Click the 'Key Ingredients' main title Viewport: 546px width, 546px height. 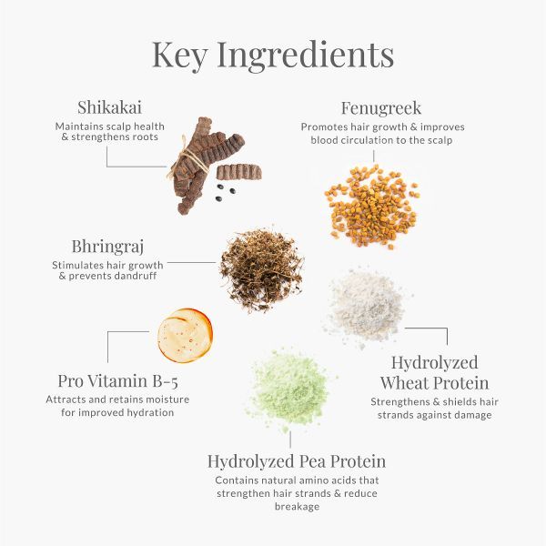(273, 55)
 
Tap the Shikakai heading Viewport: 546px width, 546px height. (110, 107)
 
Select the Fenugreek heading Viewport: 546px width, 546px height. (381, 108)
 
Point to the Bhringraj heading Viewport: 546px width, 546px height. (107, 248)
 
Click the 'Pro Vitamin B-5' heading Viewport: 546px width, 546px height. (118, 381)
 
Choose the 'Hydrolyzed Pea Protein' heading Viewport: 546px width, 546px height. (297, 462)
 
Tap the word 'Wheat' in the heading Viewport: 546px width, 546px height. (403, 383)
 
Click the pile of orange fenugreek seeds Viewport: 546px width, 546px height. (372, 207)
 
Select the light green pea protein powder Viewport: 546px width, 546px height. (290, 389)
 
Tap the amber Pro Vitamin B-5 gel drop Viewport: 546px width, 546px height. (185, 335)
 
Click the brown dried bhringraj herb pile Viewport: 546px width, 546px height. (261, 269)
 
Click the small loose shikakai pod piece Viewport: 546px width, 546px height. (238, 172)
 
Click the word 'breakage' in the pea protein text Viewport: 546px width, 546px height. (297, 507)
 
